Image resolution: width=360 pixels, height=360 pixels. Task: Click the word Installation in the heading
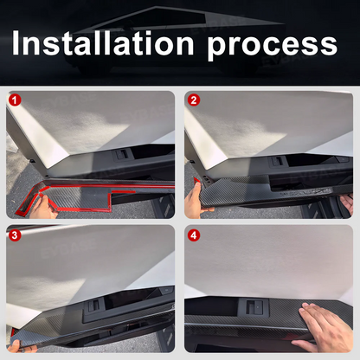[103, 43]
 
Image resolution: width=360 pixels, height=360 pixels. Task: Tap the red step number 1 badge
[15, 100]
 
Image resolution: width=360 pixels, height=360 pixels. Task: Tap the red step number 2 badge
[193, 100]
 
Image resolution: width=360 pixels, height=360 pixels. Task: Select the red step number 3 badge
[15, 235]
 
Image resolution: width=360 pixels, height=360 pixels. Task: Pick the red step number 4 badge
[194, 235]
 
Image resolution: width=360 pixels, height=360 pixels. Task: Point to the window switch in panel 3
[93, 305]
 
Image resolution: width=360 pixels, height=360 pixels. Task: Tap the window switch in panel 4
[254, 307]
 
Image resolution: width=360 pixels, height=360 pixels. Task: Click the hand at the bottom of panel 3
[18, 346]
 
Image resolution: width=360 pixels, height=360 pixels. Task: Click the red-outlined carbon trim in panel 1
[87, 196]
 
